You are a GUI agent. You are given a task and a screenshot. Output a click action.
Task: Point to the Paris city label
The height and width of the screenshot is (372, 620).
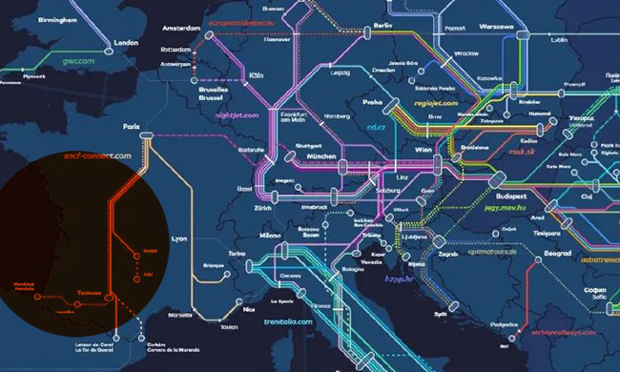click(131, 126)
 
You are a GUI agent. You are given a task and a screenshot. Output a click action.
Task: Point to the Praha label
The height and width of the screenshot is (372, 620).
click(372, 99)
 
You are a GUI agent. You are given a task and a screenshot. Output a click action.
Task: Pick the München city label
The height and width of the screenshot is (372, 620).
click(321, 155)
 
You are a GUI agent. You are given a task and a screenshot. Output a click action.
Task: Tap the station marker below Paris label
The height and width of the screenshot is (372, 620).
click(146, 139)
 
